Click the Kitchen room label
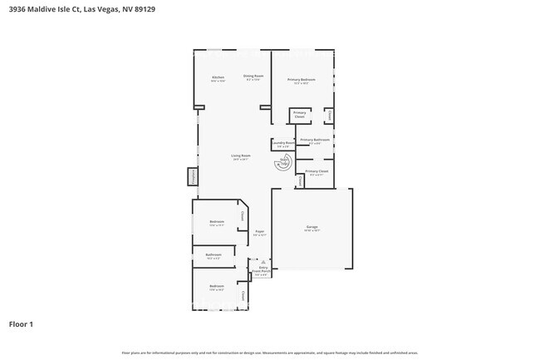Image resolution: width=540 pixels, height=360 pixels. (x=217, y=79)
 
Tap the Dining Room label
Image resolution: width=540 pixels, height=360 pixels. (x=253, y=77)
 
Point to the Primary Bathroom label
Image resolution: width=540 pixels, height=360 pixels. (x=315, y=141)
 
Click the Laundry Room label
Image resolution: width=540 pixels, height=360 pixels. (x=283, y=144)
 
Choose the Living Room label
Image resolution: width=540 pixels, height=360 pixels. (x=241, y=156)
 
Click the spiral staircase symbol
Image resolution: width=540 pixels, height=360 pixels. (x=282, y=164)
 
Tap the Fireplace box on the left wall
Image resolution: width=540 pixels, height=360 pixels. (x=192, y=176)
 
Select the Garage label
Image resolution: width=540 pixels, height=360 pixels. (x=312, y=227)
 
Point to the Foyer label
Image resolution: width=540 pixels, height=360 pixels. (x=259, y=233)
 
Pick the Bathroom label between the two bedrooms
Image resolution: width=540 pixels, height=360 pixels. (x=214, y=255)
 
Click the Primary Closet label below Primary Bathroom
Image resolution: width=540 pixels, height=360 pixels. (x=317, y=172)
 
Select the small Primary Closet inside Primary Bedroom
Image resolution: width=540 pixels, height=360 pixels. (x=300, y=115)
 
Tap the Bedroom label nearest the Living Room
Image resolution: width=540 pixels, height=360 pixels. (x=217, y=222)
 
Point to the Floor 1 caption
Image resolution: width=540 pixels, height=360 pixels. (x=21, y=323)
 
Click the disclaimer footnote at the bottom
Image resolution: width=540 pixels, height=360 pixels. (x=269, y=353)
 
